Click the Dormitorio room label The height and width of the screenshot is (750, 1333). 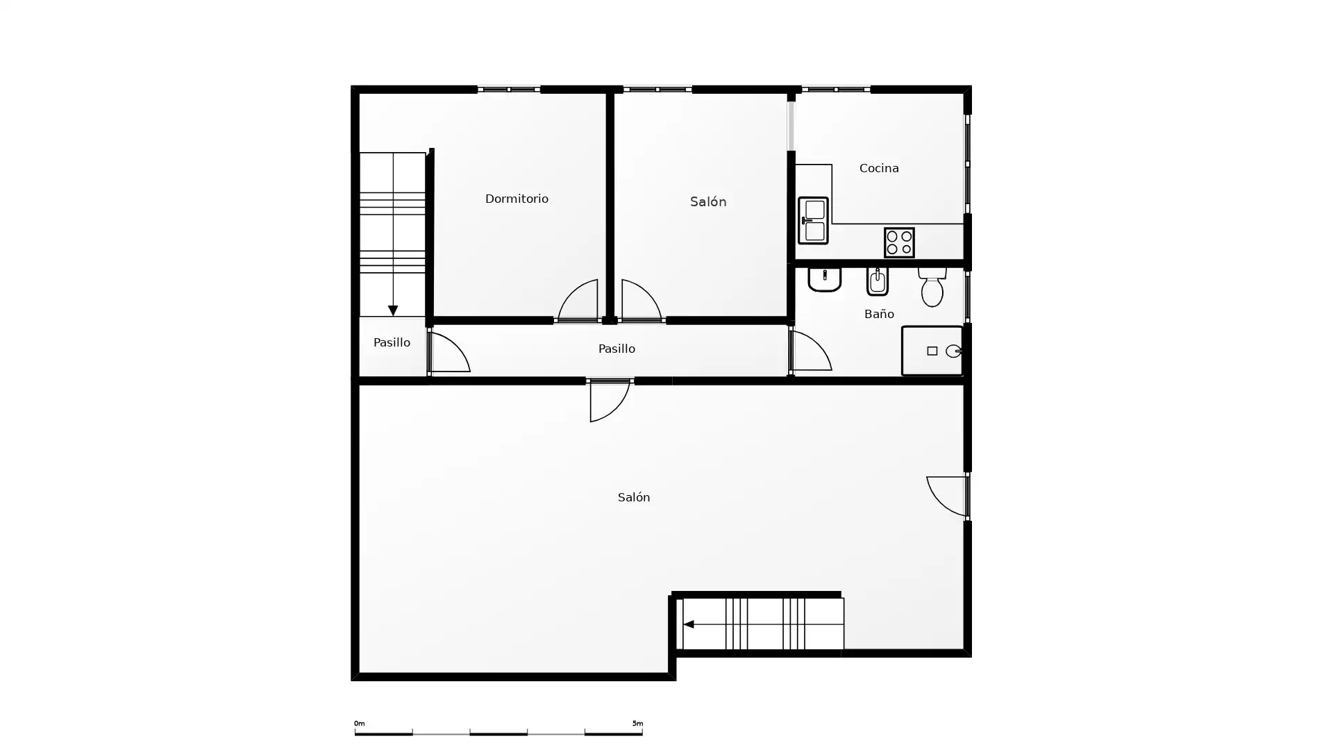click(x=517, y=199)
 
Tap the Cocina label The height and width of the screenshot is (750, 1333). click(x=879, y=168)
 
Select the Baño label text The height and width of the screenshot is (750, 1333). click(x=879, y=314)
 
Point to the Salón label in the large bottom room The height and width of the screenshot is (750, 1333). click(x=634, y=497)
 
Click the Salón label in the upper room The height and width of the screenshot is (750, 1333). click(x=708, y=201)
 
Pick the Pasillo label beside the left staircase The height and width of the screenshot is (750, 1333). click(x=392, y=342)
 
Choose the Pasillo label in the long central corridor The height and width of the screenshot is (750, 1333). click(x=617, y=349)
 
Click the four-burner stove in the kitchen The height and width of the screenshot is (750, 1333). click(x=899, y=242)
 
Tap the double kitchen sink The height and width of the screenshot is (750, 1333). click(x=813, y=220)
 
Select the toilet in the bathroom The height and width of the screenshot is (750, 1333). click(x=932, y=287)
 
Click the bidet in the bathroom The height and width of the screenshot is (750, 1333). click(x=878, y=281)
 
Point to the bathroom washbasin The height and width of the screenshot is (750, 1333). click(x=825, y=279)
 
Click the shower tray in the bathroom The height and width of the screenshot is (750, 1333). click(x=932, y=351)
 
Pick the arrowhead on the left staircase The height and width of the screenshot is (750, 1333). click(x=393, y=310)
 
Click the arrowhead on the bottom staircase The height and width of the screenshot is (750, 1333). click(x=688, y=624)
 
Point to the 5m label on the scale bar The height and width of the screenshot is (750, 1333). click(x=637, y=724)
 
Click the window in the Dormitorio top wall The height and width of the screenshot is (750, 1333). click(x=509, y=89)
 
